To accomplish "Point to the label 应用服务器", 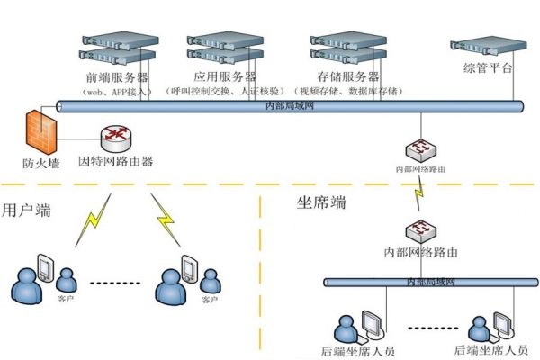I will coord(224,76).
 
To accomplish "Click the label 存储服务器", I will coord(346,76).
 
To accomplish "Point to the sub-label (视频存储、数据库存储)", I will coord(348,92).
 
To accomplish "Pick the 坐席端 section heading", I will coord(322,203).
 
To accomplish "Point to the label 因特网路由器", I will coord(116,163).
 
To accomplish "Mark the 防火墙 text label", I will coord(41,163).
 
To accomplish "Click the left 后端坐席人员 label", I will coord(357,350).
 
